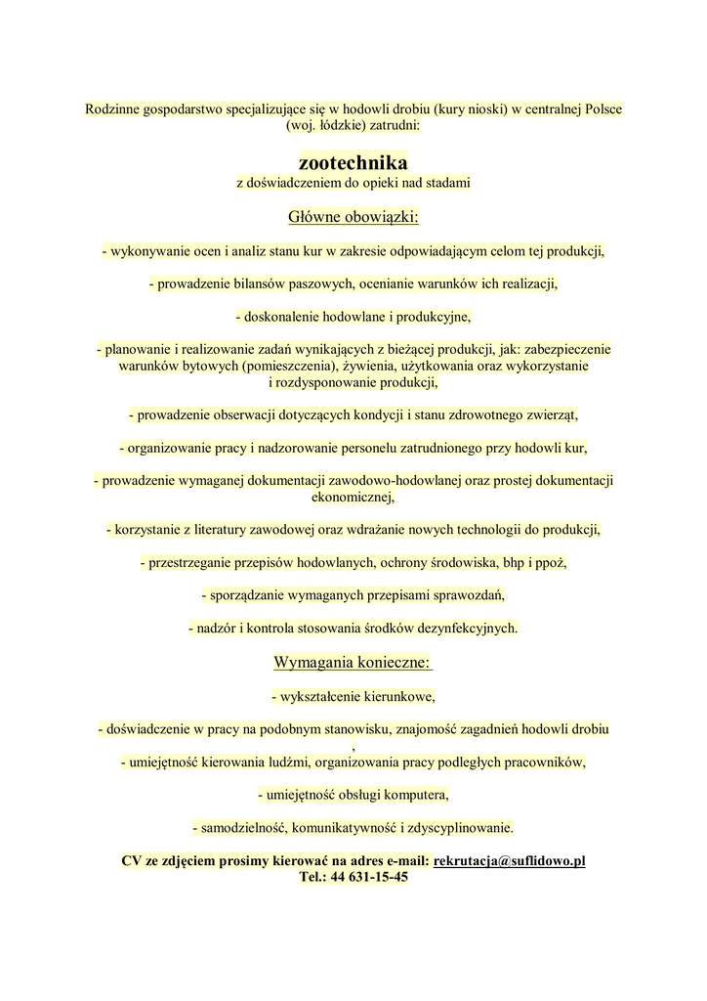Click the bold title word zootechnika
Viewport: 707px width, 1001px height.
click(x=353, y=161)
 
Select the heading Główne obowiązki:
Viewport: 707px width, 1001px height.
click(x=353, y=216)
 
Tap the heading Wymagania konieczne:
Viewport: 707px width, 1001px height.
click(x=353, y=662)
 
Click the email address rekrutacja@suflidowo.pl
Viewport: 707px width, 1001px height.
click(x=509, y=860)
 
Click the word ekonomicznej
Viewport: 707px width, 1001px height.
click(x=352, y=498)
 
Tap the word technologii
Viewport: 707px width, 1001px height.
click(x=475, y=530)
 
